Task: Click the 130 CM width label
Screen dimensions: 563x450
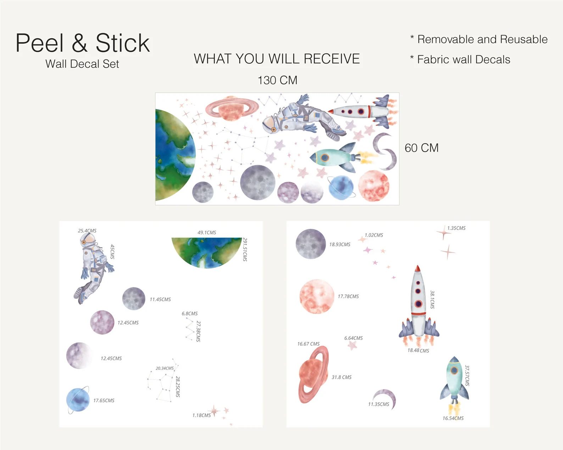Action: [277, 80]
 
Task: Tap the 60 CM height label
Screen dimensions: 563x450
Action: [422, 148]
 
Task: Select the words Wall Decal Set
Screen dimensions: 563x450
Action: [82, 64]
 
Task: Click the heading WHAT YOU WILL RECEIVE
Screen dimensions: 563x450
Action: [277, 58]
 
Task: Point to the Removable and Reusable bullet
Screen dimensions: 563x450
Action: [479, 39]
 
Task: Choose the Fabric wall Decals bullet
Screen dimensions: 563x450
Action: [460, 60]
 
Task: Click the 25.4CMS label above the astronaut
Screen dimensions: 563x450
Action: [87, 231]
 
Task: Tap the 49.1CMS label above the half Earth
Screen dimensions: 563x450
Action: [207, 232]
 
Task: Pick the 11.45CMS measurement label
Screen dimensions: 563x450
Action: [160, 299]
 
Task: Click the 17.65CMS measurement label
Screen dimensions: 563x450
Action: [104, 401]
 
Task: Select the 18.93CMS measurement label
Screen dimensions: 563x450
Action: [340, 244]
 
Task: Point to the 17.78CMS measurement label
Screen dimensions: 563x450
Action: [348, 297]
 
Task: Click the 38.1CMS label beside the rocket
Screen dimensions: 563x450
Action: [433, 300]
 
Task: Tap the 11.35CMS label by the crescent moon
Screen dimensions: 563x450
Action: [379, 404]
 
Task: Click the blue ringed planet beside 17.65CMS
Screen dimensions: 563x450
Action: [78, 400]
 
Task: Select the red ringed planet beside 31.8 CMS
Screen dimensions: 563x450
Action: [313, 375]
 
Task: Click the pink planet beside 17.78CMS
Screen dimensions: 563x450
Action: [317, 297]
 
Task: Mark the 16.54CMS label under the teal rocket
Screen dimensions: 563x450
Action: [453, 418]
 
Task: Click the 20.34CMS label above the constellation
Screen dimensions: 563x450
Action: [165, 369]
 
